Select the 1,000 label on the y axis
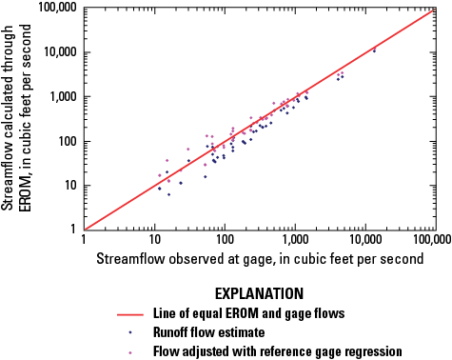coord(68,96)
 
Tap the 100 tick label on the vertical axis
coord(71,141)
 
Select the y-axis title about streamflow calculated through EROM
coord(22,119)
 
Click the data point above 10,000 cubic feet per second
coord(374,50)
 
